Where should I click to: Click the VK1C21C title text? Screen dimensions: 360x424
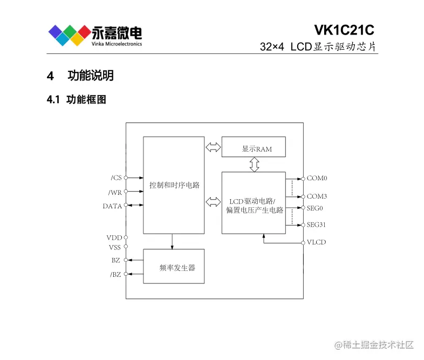344,30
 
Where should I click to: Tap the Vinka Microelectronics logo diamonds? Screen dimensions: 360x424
69,35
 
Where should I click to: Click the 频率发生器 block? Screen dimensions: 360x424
174,266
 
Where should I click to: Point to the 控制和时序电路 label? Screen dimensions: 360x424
174,185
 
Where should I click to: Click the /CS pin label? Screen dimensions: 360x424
116,178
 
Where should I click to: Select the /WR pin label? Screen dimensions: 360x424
115,192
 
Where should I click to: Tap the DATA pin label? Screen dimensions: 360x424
112,206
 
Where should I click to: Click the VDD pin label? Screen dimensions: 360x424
114,237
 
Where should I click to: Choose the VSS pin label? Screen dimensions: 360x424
115,247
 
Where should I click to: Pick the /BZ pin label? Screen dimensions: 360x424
115,274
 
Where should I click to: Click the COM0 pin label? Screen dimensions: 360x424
317,178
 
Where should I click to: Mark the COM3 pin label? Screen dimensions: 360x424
317,196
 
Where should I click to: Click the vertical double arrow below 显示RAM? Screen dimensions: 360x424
253,165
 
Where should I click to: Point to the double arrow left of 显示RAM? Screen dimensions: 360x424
213,147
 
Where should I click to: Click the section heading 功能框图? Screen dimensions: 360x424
86,100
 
